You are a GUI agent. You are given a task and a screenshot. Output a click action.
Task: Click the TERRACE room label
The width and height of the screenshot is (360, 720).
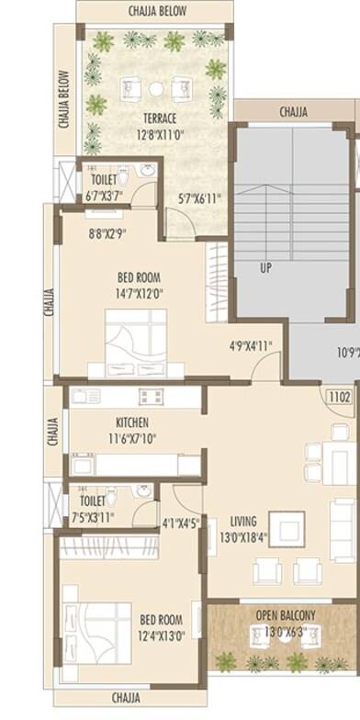159,118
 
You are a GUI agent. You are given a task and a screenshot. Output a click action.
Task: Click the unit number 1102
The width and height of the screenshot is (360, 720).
341,397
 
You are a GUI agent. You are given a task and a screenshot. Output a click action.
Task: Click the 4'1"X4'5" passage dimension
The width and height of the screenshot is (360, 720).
180,524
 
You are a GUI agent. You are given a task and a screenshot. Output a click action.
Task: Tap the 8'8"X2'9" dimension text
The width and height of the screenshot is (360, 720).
107,235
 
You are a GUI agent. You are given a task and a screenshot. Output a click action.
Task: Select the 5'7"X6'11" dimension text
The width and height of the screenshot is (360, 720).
199,197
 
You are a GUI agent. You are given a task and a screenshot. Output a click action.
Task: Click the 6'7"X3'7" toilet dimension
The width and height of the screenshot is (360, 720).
104,196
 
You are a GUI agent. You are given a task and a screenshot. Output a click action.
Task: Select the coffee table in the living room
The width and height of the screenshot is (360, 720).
292,532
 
